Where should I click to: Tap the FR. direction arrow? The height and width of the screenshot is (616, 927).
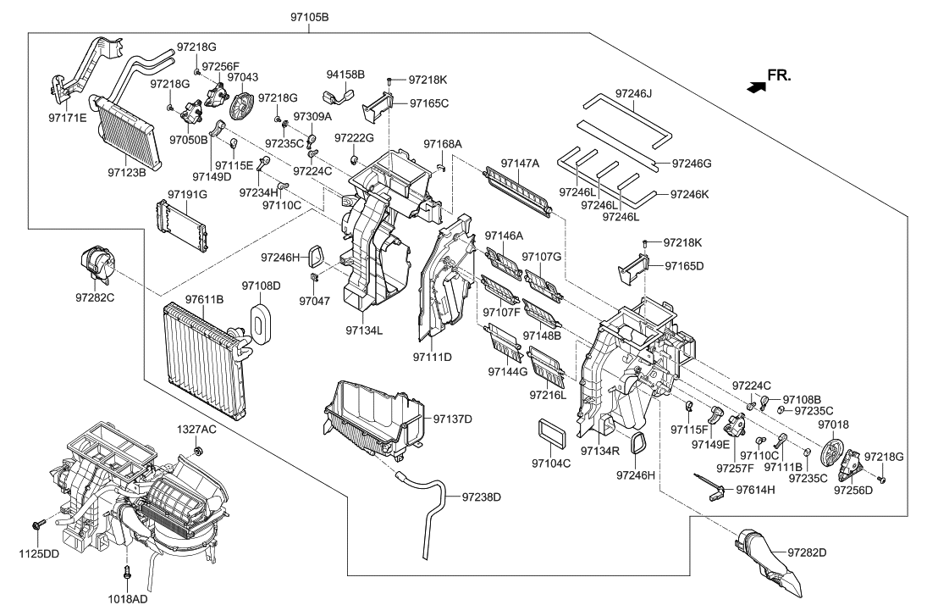[x=750, y=84]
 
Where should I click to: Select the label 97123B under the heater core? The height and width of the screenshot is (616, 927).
[x=127, y=172]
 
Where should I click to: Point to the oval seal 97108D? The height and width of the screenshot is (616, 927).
[x=260, y=322]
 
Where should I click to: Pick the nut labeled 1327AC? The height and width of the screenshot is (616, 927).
[x=196, y=449]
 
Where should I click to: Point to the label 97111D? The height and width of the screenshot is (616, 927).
[x=432, y=357]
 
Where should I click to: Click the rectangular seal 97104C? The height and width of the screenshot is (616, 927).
[x=550, y=432]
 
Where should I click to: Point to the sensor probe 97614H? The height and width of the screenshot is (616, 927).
[x=709, y=486]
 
